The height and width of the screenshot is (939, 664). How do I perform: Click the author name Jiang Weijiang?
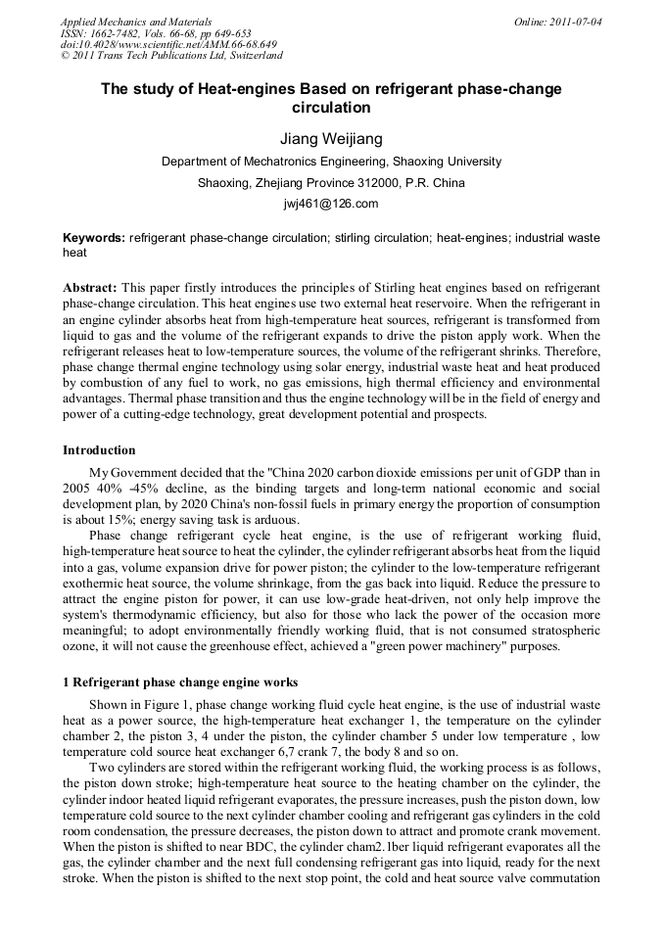(331, 139)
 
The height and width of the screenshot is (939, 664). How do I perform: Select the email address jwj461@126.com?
(331, 204)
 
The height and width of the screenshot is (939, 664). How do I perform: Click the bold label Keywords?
(94, 238)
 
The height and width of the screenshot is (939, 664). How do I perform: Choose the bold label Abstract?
(90, 289)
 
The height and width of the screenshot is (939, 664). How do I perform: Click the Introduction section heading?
(99, 450)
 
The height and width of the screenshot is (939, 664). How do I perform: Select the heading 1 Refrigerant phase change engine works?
(180, 681)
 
